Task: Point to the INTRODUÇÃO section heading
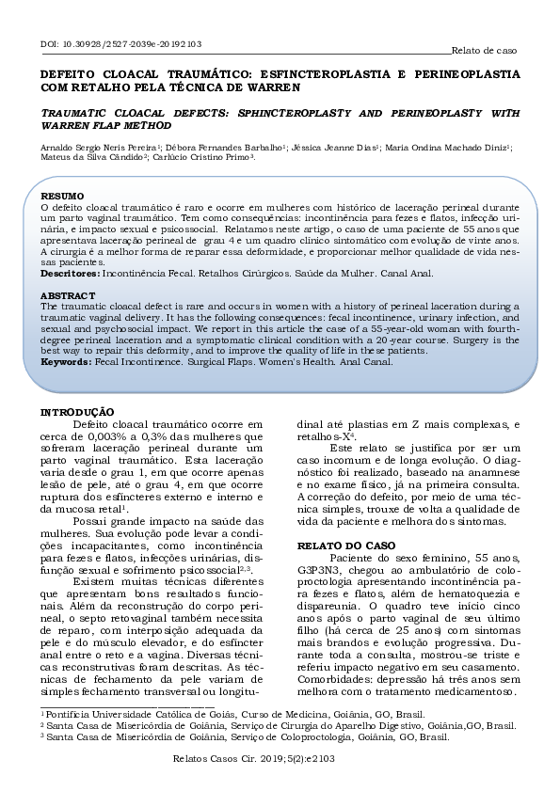click(78, 412)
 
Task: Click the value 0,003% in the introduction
click(101, 436)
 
